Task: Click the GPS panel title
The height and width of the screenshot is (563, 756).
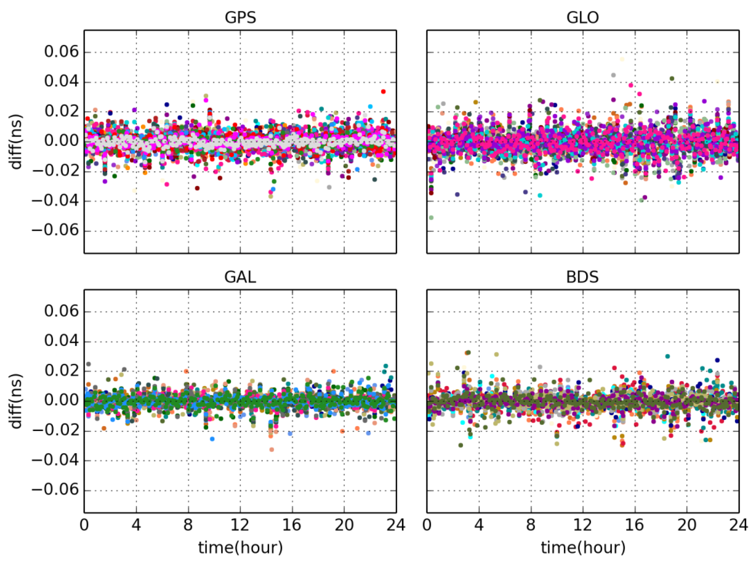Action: pos(240,18)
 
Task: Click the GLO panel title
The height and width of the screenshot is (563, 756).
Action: pos(582,18)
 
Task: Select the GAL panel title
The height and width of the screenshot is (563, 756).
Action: pos(240,277)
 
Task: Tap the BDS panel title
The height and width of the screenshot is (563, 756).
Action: pos(582,277)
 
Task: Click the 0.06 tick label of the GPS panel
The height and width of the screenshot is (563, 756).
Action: pos(61,52)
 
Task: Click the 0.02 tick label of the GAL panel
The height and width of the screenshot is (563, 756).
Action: pos(61,371)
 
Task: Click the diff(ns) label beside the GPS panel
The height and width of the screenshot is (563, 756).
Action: pos(16,142)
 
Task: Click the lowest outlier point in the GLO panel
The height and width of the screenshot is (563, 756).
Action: pos(431,217)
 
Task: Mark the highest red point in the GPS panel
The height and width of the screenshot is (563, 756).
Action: pos(383,91)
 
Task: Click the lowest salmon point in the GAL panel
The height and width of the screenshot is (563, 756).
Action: pos(272,450)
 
